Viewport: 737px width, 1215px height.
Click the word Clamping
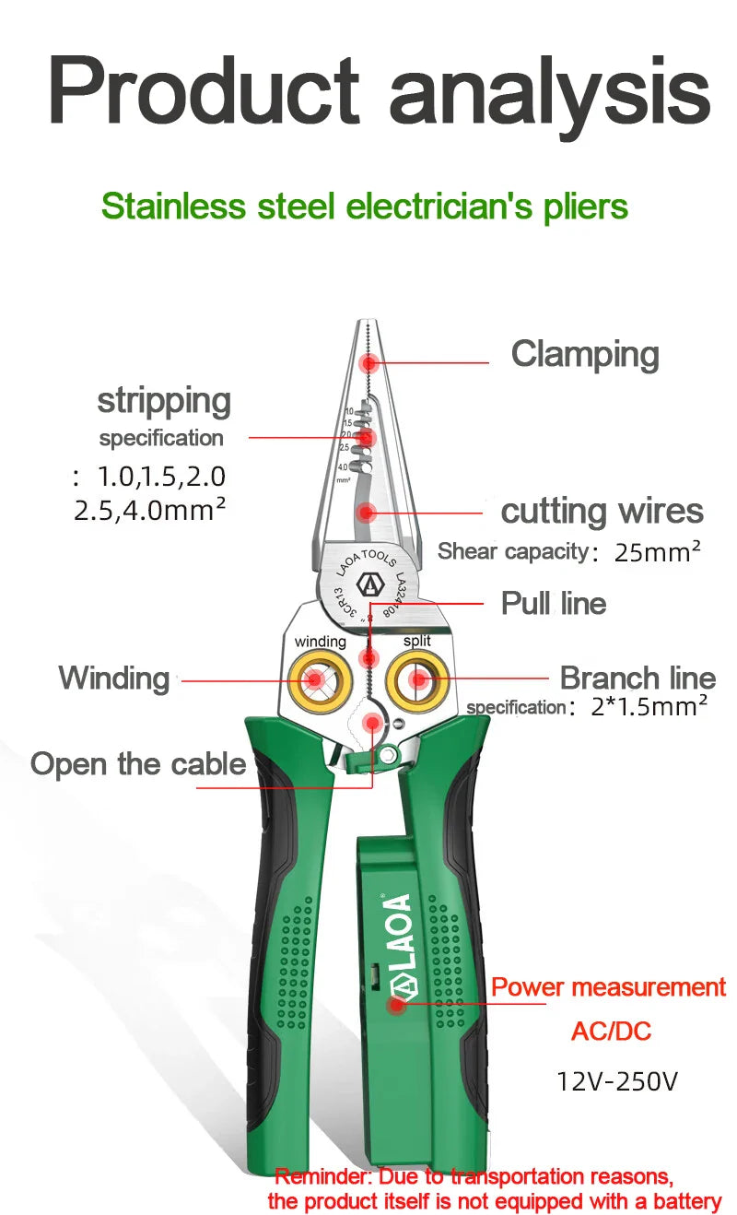click(585, 355)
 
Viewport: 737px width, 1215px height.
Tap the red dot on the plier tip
click(370, 362)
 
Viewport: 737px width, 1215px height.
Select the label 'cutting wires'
click(602, 512)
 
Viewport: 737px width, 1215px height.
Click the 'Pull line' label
click(553, 604)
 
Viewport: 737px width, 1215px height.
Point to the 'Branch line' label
click(638, 678)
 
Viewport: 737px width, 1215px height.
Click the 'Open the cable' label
click(138, 764)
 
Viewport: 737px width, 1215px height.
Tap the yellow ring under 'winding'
click(316, 680)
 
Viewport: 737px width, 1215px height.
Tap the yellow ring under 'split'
click(418, 680)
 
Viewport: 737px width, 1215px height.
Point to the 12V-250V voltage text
click(616, 1080)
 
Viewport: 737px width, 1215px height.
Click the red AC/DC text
click(611, 1031)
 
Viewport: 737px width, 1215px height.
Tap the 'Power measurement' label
click(608, 987)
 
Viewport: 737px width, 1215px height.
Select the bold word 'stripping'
click(164, 401)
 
